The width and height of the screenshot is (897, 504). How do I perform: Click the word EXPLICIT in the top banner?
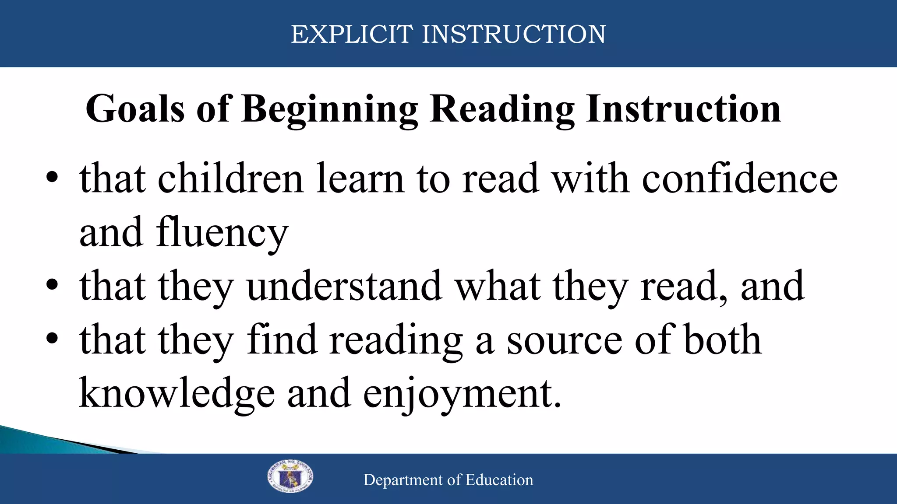352,34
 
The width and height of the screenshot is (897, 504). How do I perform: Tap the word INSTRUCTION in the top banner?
514,34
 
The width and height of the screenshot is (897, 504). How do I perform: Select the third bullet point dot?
52,339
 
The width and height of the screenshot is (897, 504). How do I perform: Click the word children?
230,178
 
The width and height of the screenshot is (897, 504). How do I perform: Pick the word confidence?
739,178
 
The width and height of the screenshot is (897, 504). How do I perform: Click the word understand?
344,286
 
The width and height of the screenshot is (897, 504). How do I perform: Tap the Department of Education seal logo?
290,476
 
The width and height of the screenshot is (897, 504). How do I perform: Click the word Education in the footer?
499,480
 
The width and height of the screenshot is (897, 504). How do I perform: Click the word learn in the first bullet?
360,178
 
